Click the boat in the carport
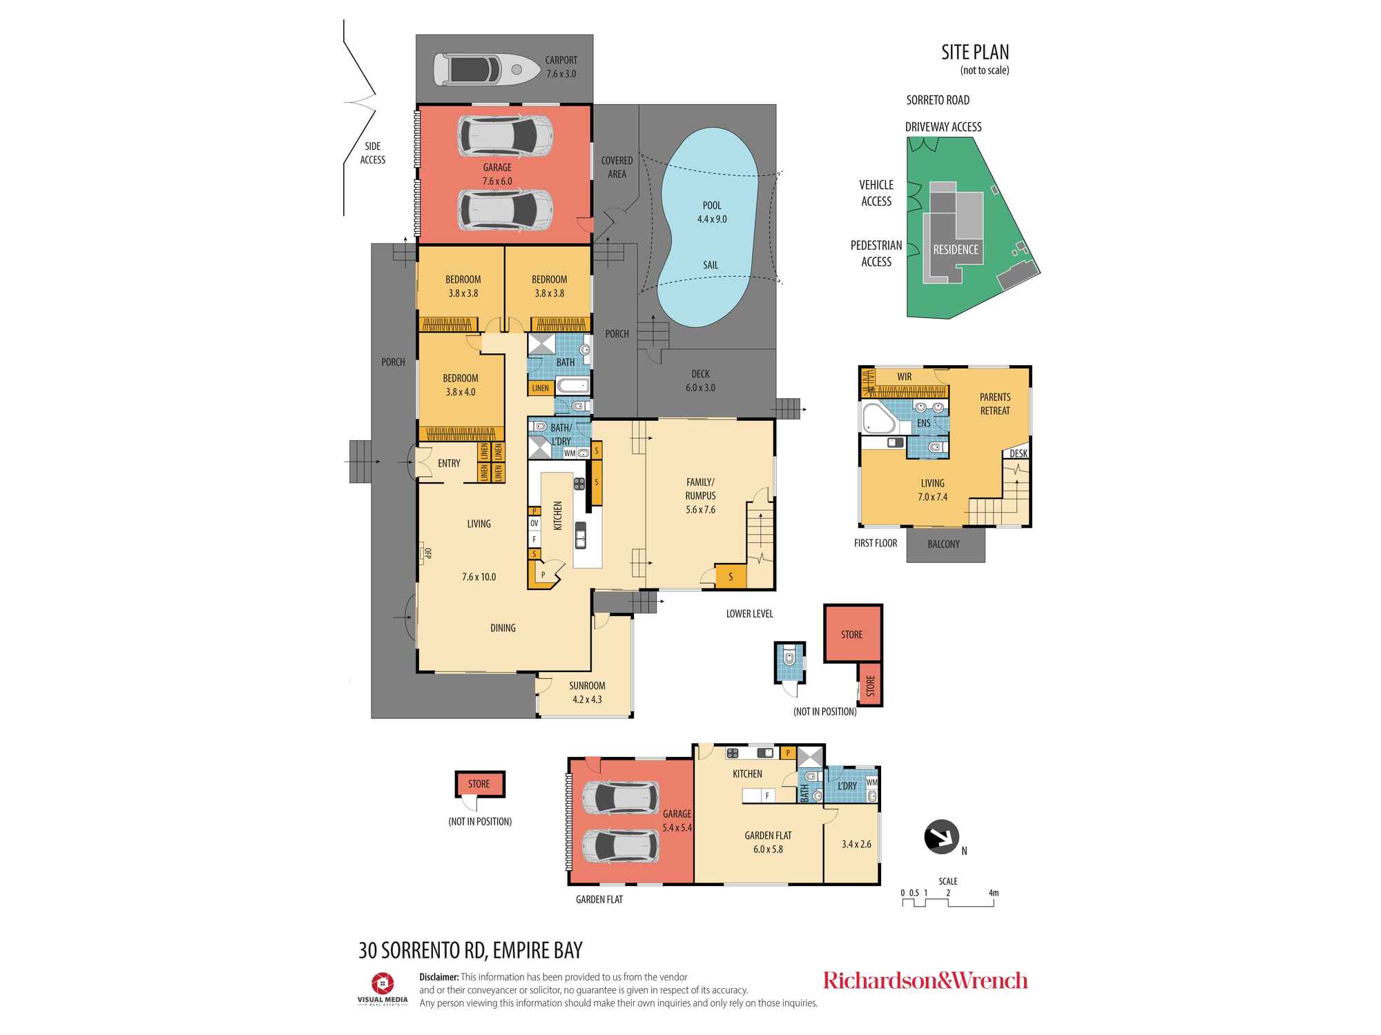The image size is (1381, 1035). pos(487,70)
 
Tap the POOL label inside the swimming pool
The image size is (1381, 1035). pos(712,206)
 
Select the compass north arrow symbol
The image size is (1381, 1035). pos(942,837)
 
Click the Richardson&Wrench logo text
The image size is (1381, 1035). pos(925,980)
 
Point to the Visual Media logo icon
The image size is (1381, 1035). pos(383,983)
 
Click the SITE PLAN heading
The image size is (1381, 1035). pos(975,52)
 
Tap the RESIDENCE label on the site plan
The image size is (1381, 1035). pos(956,250)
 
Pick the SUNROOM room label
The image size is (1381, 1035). pos(587,686)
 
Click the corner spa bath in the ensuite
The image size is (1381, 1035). pos(878,419)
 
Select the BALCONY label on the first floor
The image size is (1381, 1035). pos(944,544)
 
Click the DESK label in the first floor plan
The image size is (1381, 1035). pos(1018,453)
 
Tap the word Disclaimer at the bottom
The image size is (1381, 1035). pos(439,977)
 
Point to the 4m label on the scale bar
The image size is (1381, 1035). pos(994,893)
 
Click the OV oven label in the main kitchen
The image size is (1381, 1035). pos(534,524)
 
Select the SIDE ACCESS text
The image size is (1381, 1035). pos(373,153)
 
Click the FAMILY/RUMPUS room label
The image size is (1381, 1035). pos(700,489)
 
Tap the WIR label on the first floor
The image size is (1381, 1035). pos(905,377)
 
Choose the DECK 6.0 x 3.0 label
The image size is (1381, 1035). pos(700,381)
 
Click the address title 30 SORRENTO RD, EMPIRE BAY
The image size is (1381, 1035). pos(471,950)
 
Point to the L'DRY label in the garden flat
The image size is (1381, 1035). pos(847,786)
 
